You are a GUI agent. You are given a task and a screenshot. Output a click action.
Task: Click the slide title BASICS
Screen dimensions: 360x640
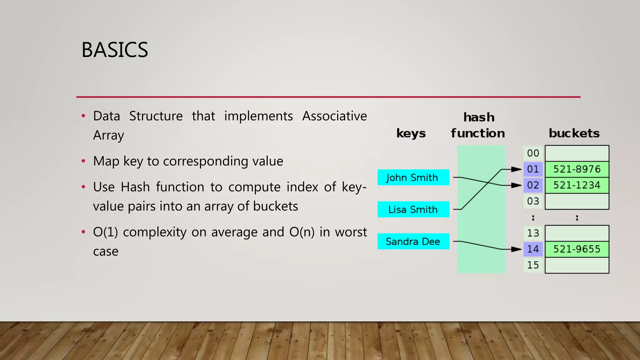[115, 50]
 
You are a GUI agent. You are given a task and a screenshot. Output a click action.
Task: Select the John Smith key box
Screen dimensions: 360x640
[413, 177]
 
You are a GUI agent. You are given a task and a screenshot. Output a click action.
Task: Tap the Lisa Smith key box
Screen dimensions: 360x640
[413, 209]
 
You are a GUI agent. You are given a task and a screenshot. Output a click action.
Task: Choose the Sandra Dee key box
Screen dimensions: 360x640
[413, 241]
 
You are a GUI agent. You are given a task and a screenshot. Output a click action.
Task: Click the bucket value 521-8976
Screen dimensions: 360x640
[577, 169]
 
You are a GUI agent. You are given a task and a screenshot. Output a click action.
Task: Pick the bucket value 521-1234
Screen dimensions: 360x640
[577, 185]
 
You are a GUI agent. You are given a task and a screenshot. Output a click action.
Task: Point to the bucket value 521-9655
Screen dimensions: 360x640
[577, 249]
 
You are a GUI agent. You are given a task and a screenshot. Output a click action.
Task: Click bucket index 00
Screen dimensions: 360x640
[533, 153]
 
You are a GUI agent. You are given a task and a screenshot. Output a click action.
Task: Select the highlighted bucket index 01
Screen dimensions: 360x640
[533, 169]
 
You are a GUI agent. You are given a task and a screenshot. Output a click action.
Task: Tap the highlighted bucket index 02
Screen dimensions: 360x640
[533, 185]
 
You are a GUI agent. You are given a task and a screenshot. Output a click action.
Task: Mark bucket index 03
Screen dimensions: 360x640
[533, 201]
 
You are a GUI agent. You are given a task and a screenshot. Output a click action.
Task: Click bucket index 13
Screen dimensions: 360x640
[533, 233]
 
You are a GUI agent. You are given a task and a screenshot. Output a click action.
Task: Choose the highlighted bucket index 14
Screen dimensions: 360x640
[533, 249]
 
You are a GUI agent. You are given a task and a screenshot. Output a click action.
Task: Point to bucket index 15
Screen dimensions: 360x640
[533, 265]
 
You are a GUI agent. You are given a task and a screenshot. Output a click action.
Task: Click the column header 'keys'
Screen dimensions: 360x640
[411, 133]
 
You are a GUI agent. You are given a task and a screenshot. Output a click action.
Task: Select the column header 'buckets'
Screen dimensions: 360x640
[574, 133]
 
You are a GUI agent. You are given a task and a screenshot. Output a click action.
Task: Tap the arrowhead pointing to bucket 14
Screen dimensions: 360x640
[516, 249]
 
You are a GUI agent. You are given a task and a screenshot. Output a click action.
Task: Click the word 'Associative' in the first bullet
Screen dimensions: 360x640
[334, 116]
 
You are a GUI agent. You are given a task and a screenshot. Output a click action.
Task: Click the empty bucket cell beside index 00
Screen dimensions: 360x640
[577, 153]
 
